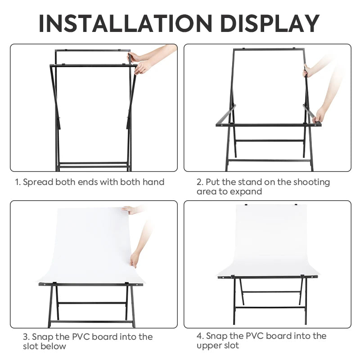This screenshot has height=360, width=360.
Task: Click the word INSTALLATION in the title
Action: pos(125,23)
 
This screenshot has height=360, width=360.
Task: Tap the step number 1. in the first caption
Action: pos(18,182)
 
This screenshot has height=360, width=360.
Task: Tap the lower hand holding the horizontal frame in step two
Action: pos(319,116)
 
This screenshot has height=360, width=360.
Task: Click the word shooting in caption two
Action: pos(311,182)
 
